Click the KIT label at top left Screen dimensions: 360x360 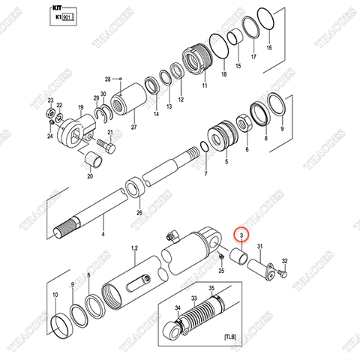point(54,8)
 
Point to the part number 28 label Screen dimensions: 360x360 point(107,79)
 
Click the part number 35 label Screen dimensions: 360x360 point(211,289)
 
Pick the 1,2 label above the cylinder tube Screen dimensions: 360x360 point(135,247)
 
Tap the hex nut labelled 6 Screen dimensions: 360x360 point(244,123)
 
